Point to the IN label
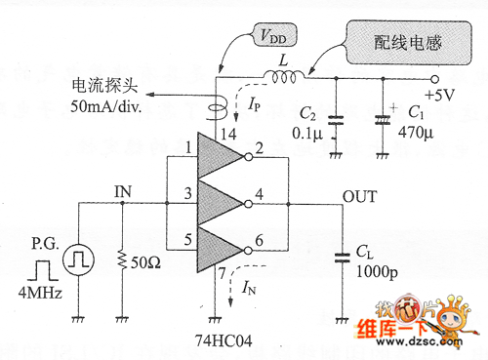(x=122, y=190)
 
